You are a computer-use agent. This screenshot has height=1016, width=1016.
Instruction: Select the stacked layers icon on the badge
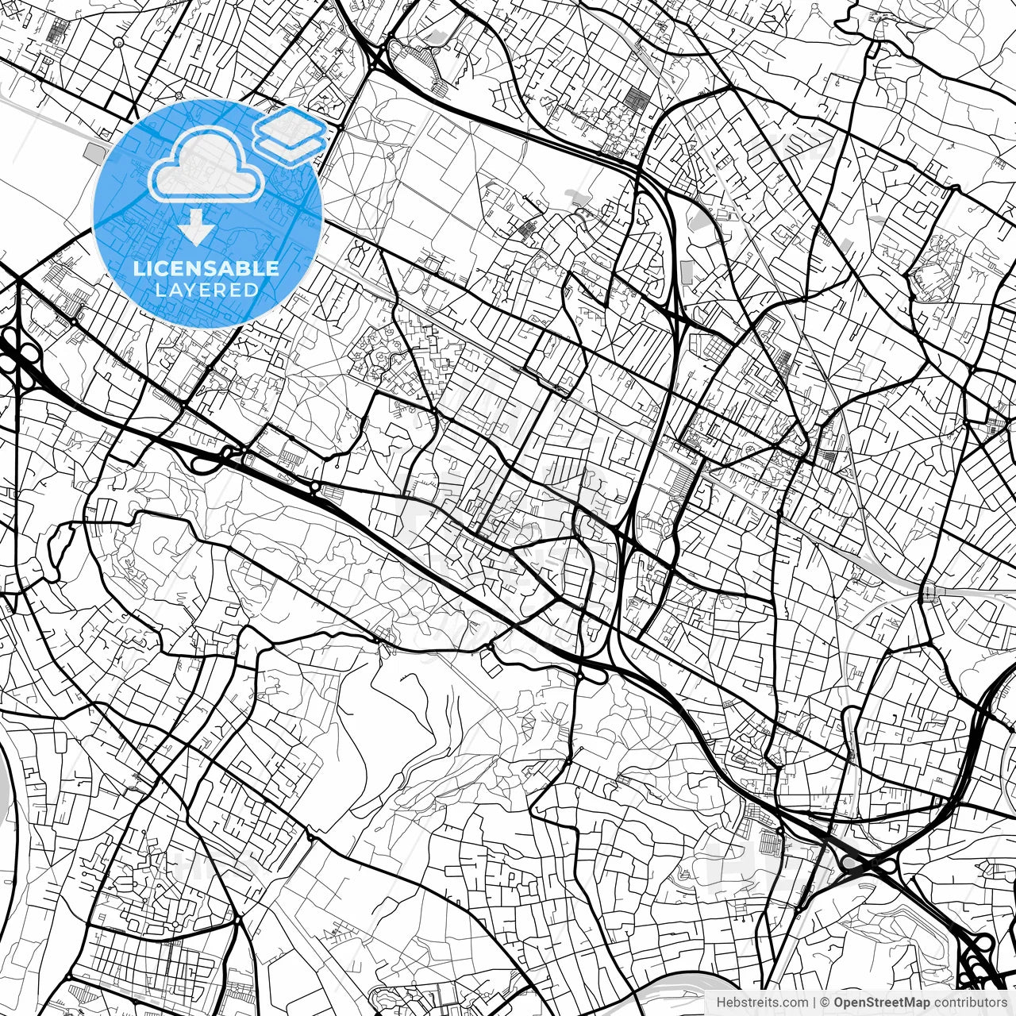click(291, 135)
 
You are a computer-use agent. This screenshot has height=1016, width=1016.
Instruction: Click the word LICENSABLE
click(206, 268)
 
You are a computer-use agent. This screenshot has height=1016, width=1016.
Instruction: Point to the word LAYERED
click(206, 290)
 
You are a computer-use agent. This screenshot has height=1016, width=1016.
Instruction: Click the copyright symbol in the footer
click(825, 1003)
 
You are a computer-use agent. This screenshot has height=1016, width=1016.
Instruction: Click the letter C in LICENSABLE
click(163, 268)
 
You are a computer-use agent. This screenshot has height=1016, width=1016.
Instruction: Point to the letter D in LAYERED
click(252, 290)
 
